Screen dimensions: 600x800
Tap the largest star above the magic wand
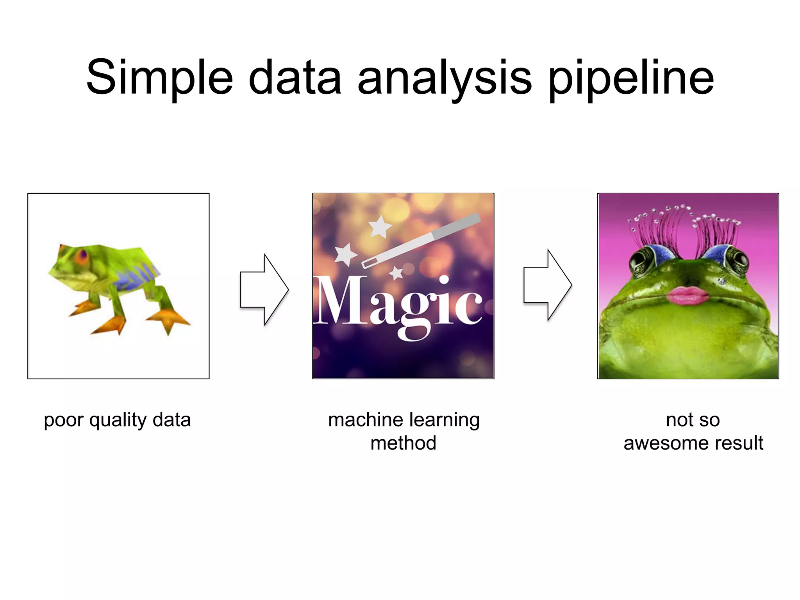[x=380, y=227]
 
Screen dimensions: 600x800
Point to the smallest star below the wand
[x=396, y=273]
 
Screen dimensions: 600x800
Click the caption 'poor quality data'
[x=117, y=420]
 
